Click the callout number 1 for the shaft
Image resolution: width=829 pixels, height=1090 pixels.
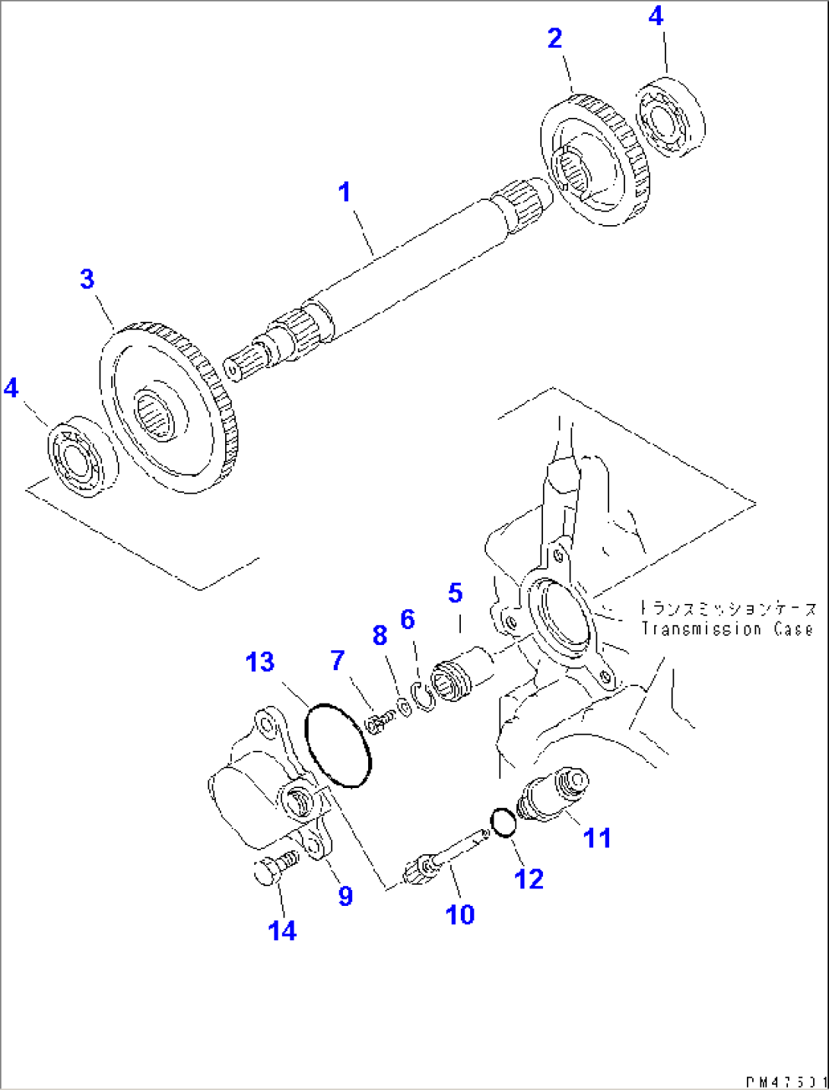[345, 192]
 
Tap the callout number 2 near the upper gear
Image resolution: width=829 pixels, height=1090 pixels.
[555, 38]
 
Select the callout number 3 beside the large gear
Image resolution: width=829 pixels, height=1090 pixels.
[87, 279]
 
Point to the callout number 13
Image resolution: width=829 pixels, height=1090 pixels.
[259, 662]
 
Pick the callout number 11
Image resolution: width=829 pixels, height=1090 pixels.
[597, 837]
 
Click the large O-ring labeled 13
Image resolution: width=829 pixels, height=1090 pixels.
[338, 745]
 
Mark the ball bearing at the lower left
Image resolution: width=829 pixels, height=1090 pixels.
[81, 456]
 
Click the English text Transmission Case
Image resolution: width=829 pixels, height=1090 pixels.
[726, 630]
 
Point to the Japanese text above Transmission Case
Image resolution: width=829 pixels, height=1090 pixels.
[726, 609]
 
